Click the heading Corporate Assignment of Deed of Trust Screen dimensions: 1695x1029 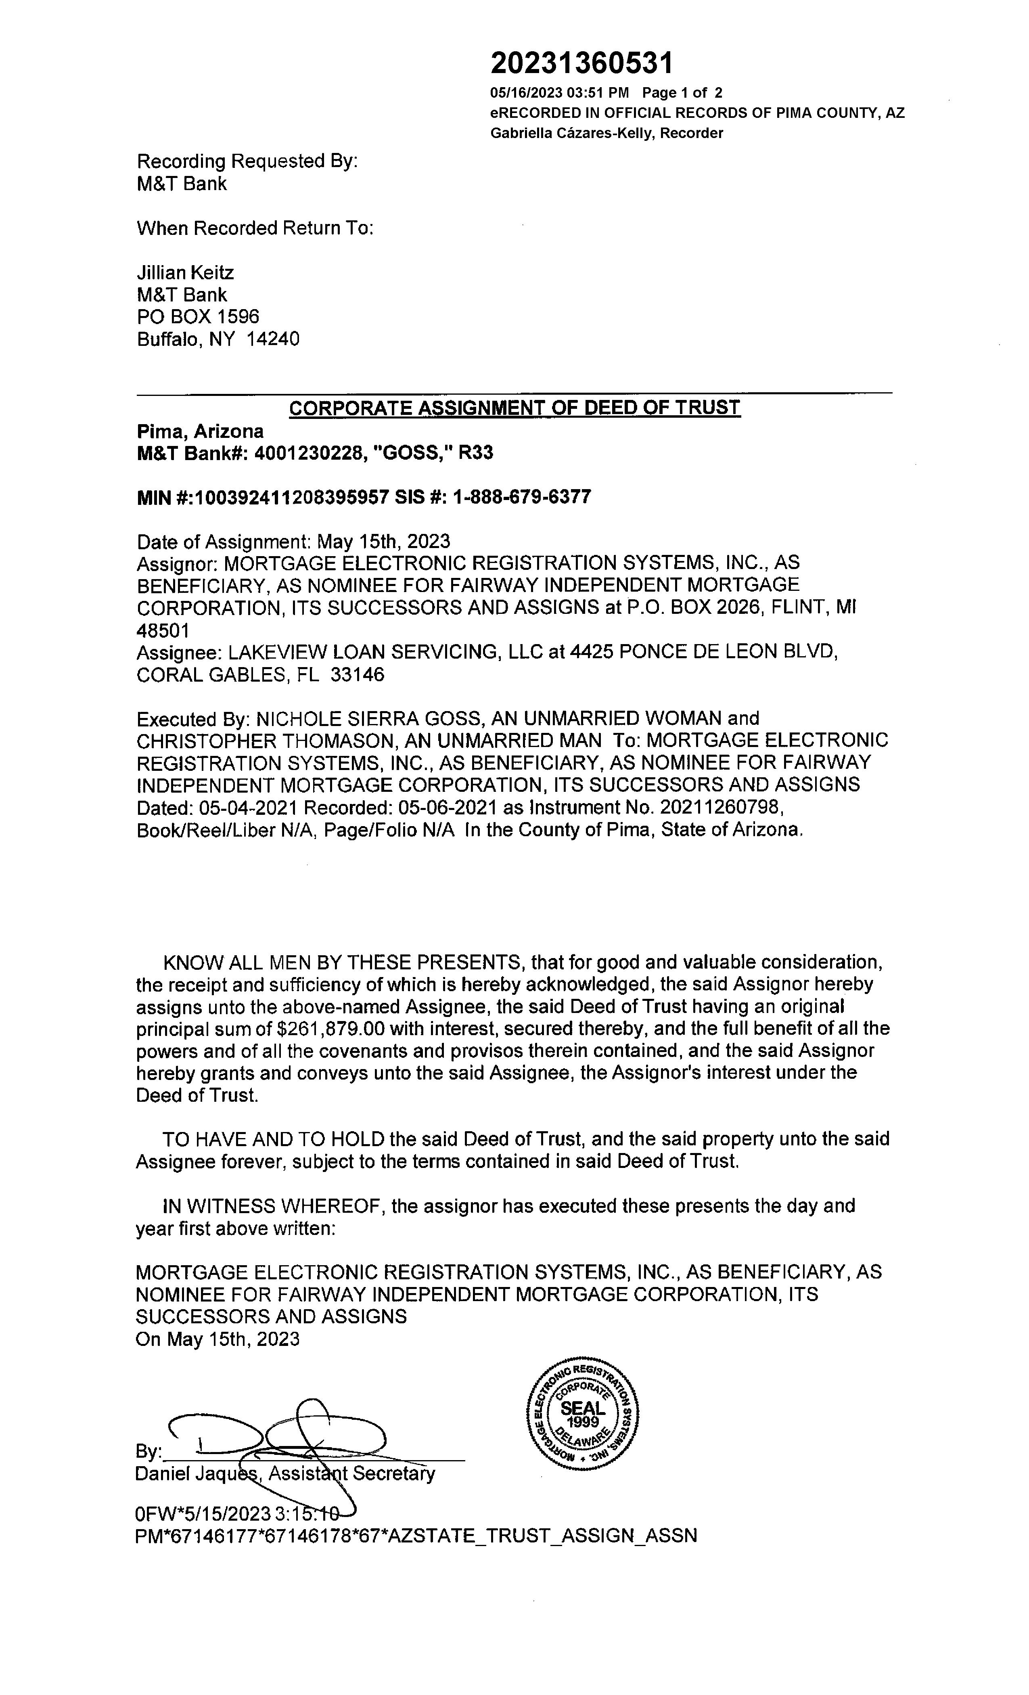[x=514, y=408]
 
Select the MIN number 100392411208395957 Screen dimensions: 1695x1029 [x=292, y=497]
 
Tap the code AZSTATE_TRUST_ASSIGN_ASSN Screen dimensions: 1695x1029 [x=543, y=1536]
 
